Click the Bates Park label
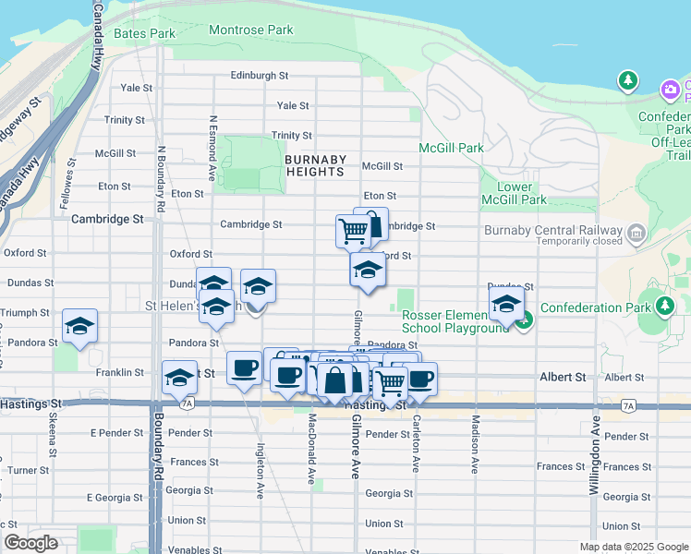point(143,33)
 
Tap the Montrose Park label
point(250,30)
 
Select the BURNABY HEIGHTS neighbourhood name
point(315,165)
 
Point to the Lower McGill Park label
point(515,193)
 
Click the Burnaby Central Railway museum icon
point(636,235)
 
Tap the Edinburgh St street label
point(260,76)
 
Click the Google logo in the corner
point(30,543)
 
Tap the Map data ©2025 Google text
point(633,547)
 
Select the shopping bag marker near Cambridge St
point(371,224)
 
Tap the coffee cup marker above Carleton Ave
point(419,378)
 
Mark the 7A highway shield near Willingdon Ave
point(628,405)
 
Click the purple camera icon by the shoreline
point(671,90)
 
